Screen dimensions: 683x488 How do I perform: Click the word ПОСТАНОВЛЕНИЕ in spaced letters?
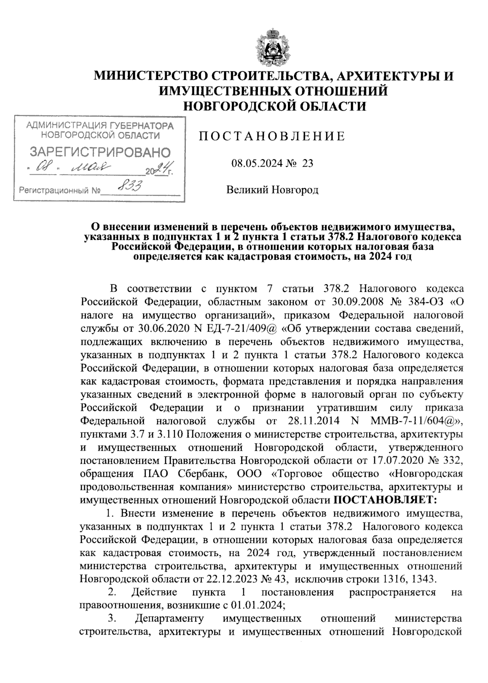click(x=272, y=136)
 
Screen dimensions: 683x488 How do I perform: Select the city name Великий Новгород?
click(x=272, y=190)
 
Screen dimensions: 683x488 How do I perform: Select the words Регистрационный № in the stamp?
click(x=59, y=190)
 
